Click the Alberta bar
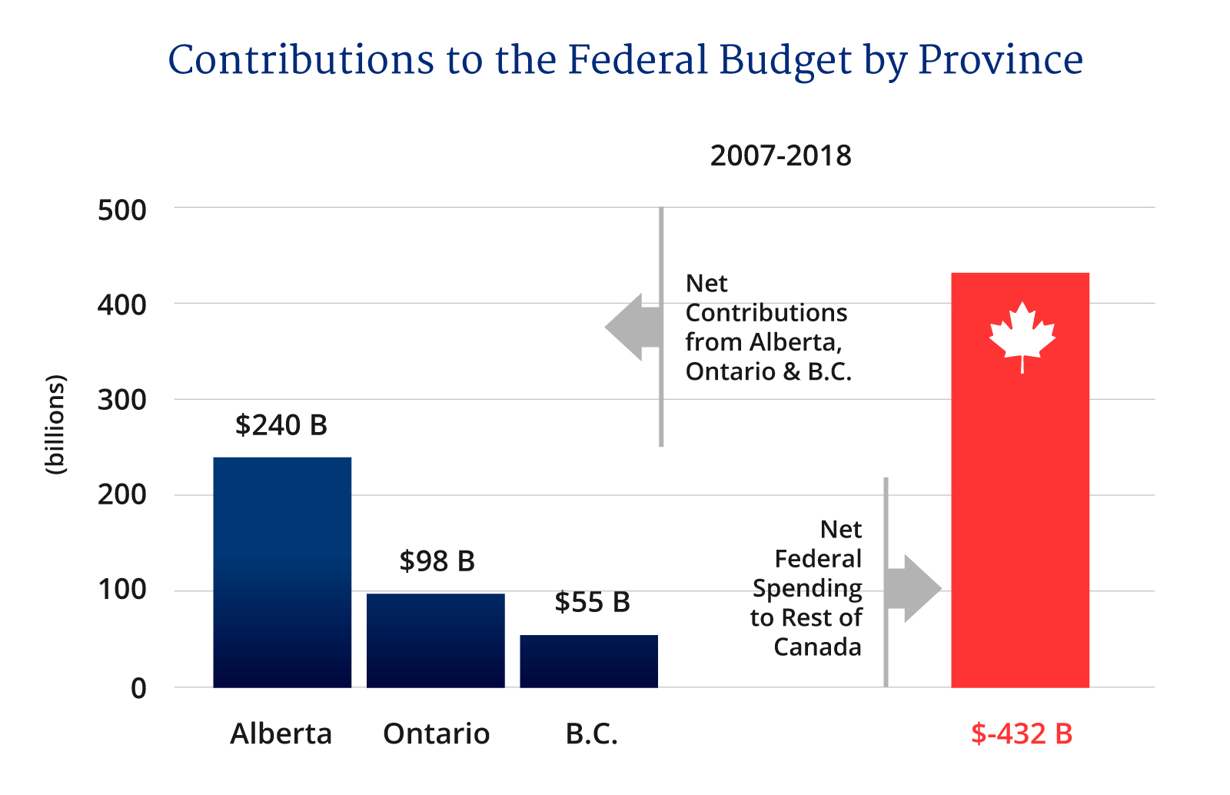tap(282, 572)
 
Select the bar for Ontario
tap(435, 640)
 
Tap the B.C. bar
tap(589, 660)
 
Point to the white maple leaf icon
tap(1022, 335)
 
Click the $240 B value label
tap(281, 425)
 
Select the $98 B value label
tap(437, 561)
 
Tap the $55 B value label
tap(592, 602)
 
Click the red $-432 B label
tap(1021, 733)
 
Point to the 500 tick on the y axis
tap(121, 210)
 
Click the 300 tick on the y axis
tap(121, 400)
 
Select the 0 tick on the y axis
tap(138, 688)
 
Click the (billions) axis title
tap(56, 424)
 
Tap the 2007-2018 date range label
tap(780, 156)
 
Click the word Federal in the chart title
tap(637, 60)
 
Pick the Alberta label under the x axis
tap(281, 733)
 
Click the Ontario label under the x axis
tap(436, 733)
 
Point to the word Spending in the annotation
tap(806, 588)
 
